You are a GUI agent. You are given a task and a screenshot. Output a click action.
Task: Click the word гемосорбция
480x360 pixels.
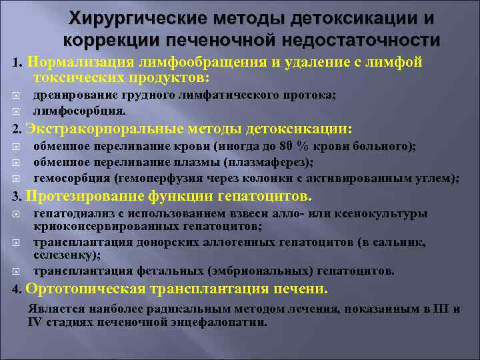[72, 178]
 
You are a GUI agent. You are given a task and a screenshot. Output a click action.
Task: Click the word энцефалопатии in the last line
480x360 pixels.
[222, 322]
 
